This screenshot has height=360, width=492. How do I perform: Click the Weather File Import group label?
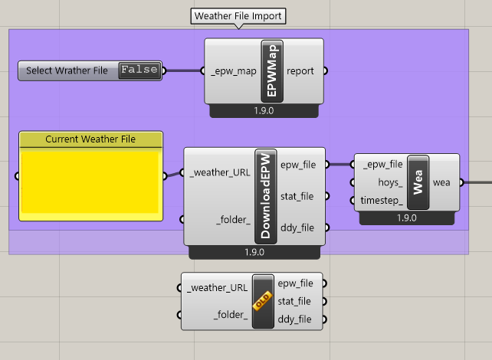click(238, 15)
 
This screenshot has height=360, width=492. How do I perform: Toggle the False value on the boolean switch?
click(139, 70)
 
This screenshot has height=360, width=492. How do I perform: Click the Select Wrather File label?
click(67, 70)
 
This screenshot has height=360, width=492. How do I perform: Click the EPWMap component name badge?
click(272, 70)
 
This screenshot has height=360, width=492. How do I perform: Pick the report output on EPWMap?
click(302, 71)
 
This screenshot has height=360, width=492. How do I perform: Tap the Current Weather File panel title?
click(90, 139)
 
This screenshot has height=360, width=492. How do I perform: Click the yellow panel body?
click(90, 182)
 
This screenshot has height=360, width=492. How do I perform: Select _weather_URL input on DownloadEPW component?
click(218, 172)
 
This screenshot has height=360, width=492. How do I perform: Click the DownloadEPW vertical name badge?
click(265, 196)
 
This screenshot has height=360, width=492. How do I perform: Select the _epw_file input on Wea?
click(382, 164)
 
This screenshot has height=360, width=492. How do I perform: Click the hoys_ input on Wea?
click(390, 182)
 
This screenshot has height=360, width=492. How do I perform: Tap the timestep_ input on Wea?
click(382, 201)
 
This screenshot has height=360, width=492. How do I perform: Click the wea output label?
click(441, 182)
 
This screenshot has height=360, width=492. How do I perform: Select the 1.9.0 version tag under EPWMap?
click(264, 111)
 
